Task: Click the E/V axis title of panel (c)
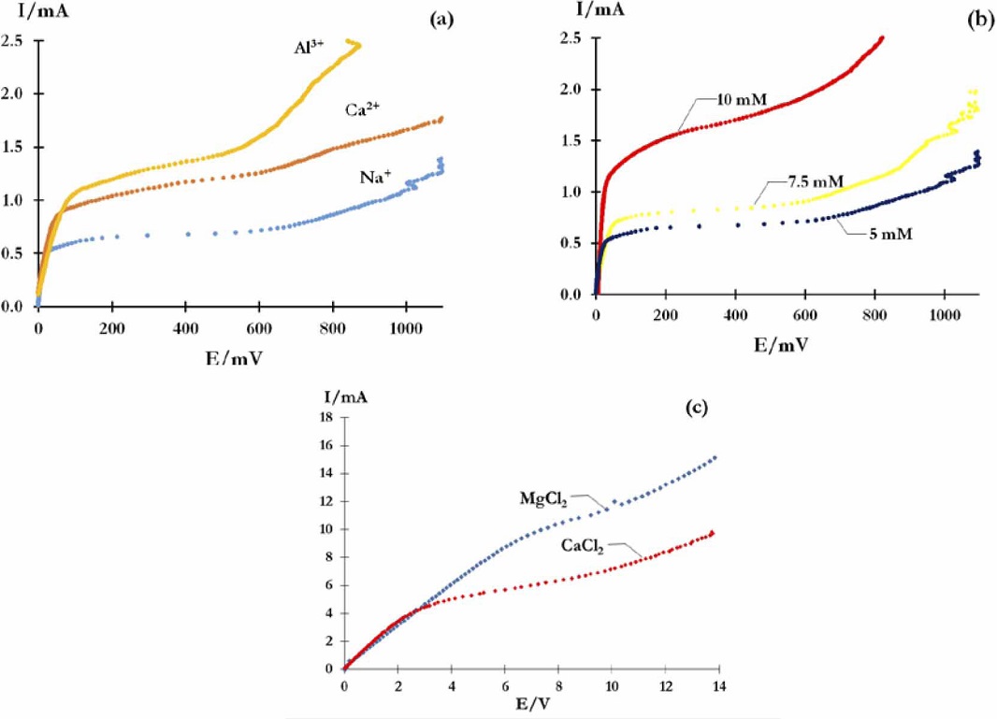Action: tap(529, 706)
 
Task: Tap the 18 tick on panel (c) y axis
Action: tap(328, 416)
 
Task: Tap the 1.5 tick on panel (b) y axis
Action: tap(571, 140)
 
